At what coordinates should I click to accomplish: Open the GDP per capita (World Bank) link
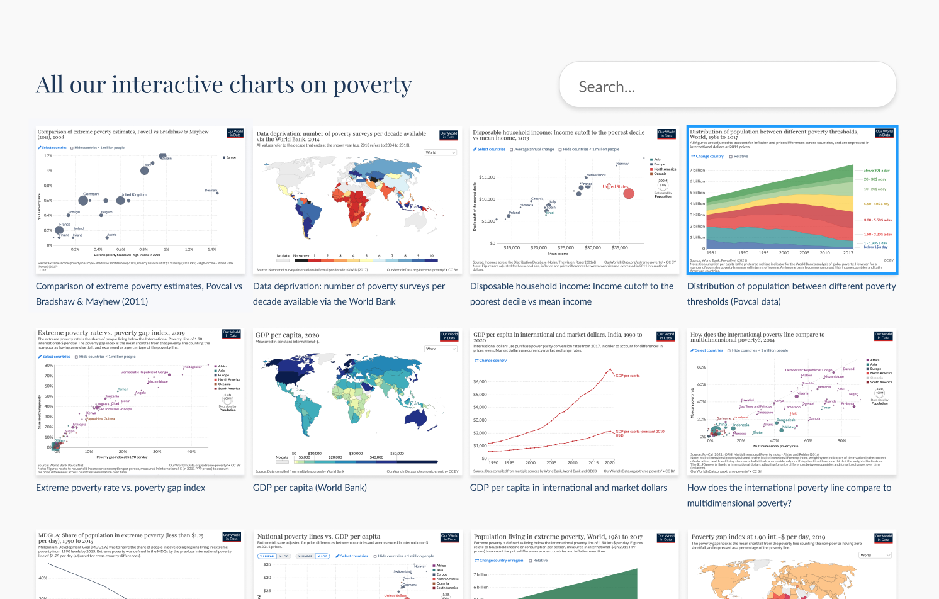pyautogui.click(x=310, y=488)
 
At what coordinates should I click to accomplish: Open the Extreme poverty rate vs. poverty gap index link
pyautogui.click(x=121, y=488)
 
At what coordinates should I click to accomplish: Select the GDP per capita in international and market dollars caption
pyautogui.click(x=568, y=488)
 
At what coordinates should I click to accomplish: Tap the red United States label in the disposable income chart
pyautogui.click(x=616, y=186)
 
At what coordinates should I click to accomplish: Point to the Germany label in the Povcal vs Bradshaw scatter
pyautogui.click(x=91, y=194)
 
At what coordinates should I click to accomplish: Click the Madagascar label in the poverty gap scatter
pyautogui.click(x=193, y=367)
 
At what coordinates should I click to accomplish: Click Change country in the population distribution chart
pyautogui.click(x=709, y=156)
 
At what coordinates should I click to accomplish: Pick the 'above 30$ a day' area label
pyautogui.click(x=877, y=170)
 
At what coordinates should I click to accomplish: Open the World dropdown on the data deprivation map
pyautogui.click(x=441, y=152)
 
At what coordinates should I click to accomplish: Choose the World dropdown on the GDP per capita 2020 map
pyautogui.click(x=441, y=349)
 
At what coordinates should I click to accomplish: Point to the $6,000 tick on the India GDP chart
pyautogui.click(x=480, y=381)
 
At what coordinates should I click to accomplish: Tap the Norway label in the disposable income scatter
pyautogui.click(x=622, y=164)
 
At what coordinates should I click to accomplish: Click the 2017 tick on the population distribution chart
pyautogui.click(x=848, y=252)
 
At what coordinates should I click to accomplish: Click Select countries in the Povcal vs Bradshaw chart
pyautogui.click(x=53, y=148)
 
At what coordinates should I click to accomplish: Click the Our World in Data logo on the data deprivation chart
pyautogui.click(x=449, y=135)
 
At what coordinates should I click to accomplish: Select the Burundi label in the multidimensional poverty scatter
pyautogui.click(x=849, y=369)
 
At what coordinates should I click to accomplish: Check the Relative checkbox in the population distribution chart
pyautogui.click(x=731, y=156)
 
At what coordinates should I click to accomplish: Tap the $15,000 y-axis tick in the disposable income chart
pyautogui.click(x=487, y=177)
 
